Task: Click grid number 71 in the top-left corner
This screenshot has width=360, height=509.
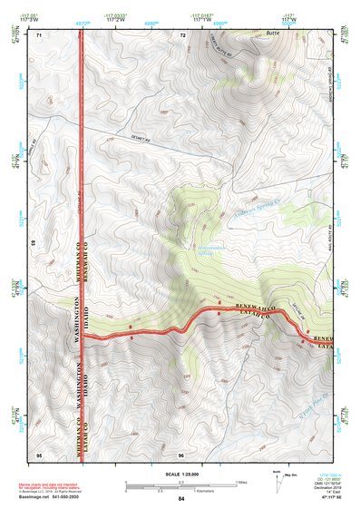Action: coord(39,34)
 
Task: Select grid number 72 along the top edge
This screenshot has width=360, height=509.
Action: coord(182,34)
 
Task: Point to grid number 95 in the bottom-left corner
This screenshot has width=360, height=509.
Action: coord(39,453)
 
